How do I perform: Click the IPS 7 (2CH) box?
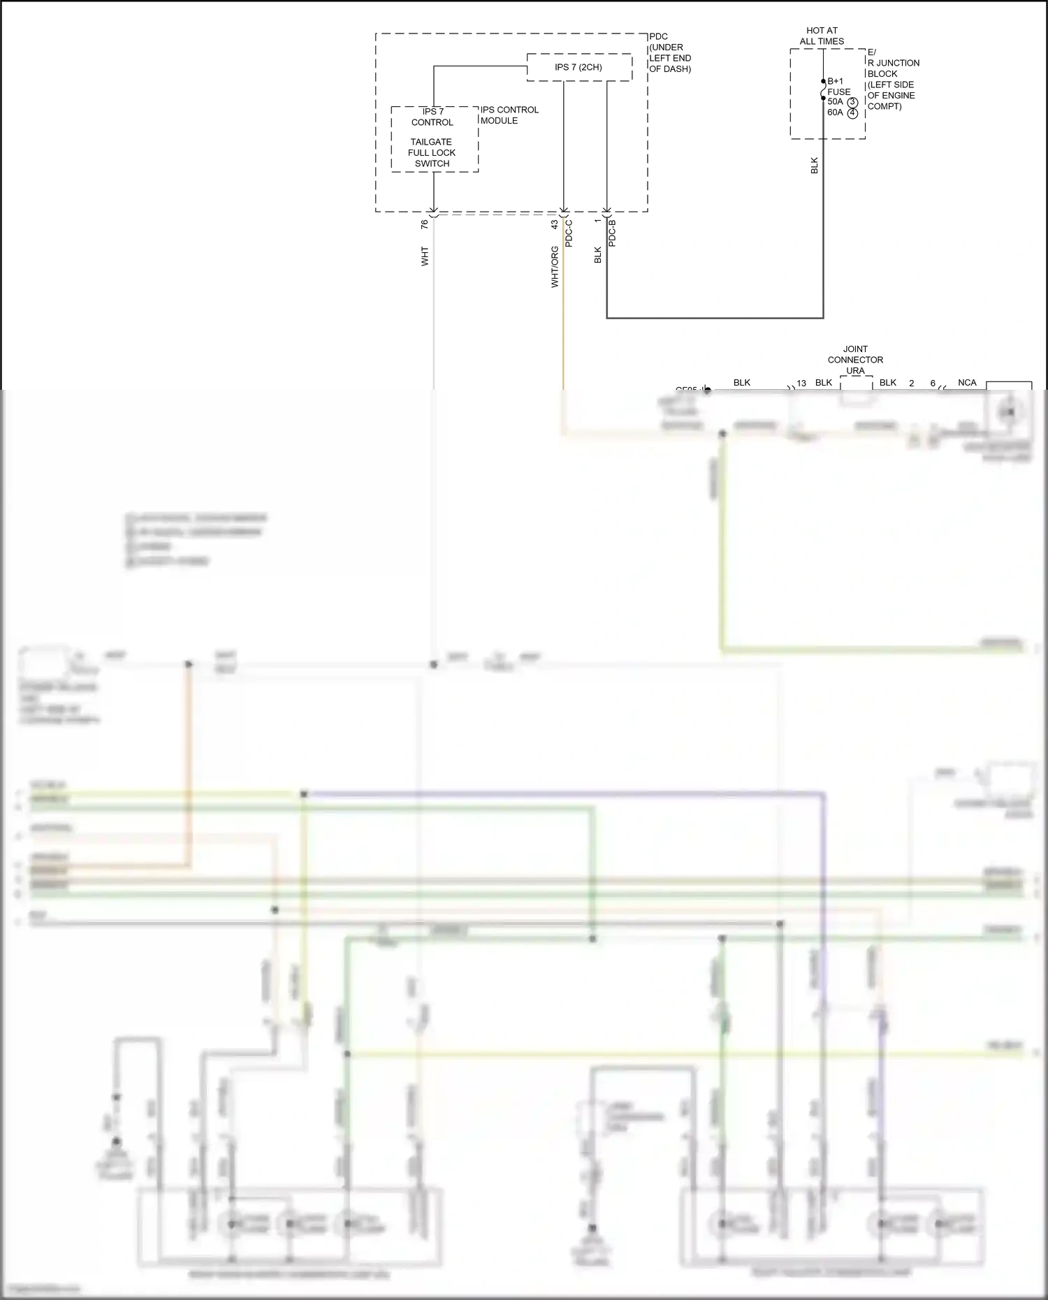(578, 67)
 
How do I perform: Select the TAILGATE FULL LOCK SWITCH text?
(432, 152)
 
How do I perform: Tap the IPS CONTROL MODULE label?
(509, 115)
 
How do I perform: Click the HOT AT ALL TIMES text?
(822, 36)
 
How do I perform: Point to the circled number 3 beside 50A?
(852, 102)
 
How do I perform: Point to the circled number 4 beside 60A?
(852, 112)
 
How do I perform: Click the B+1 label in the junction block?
(836, 81)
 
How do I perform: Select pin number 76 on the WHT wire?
(424, 224)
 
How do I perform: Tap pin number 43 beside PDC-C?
(554, 224)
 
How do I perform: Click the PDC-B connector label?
(612, 233)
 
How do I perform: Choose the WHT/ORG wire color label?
(555, 266)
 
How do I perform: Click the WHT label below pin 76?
(425, 256)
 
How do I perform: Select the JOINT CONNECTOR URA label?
(855, 360)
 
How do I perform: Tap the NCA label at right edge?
(967, 383)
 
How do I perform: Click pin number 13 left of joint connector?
(801, 384)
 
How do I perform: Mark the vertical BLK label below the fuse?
(814, 166)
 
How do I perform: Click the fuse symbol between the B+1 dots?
(824, 90)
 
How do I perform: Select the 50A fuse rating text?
(835, 102)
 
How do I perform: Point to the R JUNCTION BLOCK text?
(893, 68)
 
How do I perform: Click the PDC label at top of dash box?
(658, 37)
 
